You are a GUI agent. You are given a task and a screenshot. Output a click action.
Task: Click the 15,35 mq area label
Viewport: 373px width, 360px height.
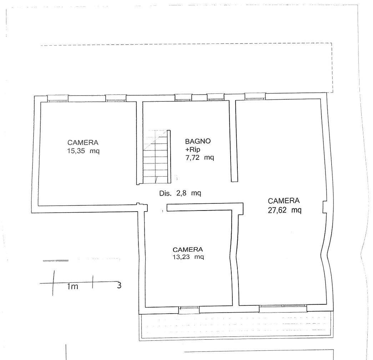coord(83,151)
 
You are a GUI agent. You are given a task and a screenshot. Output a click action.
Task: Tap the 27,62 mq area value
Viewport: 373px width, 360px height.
coord(285,210)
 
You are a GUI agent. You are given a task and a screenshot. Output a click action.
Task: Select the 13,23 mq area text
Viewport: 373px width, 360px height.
coord(188,257)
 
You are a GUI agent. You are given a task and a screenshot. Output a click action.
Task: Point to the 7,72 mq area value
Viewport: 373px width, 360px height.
coord(200,157)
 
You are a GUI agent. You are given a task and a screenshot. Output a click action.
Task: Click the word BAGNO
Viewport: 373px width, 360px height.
coord(198,141)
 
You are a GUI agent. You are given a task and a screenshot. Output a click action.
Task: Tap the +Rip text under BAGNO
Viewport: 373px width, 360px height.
coord(193,149)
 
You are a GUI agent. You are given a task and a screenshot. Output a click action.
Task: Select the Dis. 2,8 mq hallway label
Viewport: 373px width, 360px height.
coord(180,193)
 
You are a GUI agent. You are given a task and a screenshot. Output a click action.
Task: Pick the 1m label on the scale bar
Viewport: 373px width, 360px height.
coord(72,287)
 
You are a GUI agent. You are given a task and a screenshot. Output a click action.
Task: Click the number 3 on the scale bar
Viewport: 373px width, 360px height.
coord(119,285)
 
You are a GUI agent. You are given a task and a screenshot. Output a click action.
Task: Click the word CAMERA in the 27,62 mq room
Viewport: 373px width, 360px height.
coord(283,201)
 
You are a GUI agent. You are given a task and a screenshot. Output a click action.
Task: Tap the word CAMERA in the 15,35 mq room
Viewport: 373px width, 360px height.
coord(83,142)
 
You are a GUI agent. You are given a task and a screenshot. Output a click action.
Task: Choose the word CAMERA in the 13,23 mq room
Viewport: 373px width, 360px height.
coord(188,249)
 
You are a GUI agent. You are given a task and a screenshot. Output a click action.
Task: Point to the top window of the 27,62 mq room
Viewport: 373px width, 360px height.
coord(255,97)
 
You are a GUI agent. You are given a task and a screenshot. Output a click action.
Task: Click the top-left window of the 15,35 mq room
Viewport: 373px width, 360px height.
coord(57,98)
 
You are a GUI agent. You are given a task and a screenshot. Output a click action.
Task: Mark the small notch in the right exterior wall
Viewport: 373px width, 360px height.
coord(324,207)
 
